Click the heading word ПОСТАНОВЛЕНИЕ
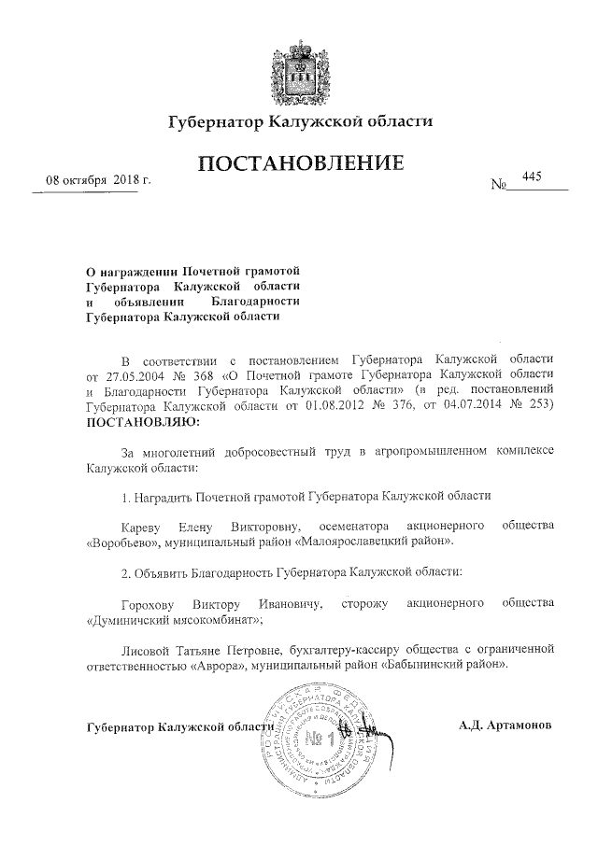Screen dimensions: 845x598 300,164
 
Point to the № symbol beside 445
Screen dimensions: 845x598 498,184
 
